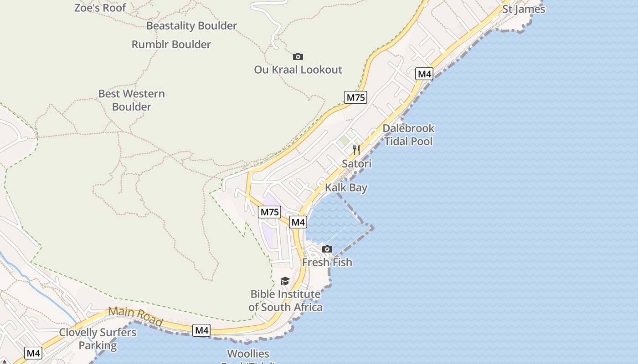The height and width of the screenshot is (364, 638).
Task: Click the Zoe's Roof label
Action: tap(100, 7)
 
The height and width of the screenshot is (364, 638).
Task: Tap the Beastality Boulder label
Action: tap(191, 26)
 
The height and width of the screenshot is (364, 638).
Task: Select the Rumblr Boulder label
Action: tap(171, 45)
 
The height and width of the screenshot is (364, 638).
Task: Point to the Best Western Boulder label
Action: tap(132, 100)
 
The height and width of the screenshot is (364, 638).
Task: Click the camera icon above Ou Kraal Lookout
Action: tap(298, 56)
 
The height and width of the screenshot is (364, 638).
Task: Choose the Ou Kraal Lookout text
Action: tap(298, 70)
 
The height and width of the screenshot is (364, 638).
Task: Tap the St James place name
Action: tap(524, 9)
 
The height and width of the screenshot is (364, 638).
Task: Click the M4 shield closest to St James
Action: tap(424, 74)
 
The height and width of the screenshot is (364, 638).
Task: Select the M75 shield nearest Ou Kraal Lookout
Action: tap(355, 97)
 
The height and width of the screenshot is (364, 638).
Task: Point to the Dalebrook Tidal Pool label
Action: tap(408, 135)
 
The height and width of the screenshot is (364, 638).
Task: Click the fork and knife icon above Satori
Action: tap(356, 150)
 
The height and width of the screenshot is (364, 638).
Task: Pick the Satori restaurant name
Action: tap(356, 164)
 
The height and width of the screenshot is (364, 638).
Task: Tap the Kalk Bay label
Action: tap(346, 187)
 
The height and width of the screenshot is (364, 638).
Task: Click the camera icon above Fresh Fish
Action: tap(327, 249)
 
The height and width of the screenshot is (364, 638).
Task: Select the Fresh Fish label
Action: tap(327, 263)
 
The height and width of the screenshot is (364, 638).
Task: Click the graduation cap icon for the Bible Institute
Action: tap(285, 281)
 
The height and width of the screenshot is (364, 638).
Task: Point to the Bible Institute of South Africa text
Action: tap(286, 301)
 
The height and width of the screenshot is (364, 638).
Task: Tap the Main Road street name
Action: tap(136, 317)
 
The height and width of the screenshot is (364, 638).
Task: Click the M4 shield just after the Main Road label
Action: tap(201, 330)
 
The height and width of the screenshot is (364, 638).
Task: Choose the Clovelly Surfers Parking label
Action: tap(98, 339)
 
